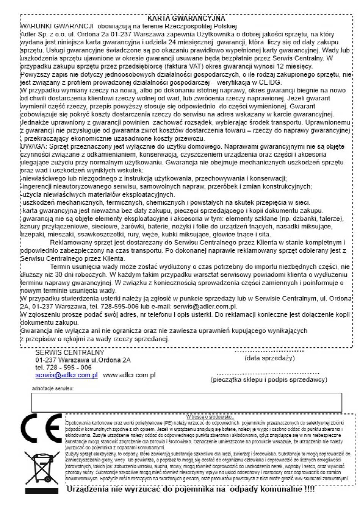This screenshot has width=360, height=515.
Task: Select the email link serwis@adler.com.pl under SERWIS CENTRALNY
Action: click(66, 375)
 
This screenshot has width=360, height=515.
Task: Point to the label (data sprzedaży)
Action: click(270, 358)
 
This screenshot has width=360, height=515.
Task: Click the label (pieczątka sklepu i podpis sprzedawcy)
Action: click(269, 379)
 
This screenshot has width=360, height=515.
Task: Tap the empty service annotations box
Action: click(186, 402)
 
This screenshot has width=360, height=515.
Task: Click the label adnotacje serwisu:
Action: click(53, 389)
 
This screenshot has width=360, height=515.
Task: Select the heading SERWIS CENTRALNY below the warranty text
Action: click(69, 353)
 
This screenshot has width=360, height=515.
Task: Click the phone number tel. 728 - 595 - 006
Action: click(63, 367)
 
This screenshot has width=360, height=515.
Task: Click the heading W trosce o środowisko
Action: click(210, 417)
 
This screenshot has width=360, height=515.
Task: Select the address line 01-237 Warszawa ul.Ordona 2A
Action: click(83, 360)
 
